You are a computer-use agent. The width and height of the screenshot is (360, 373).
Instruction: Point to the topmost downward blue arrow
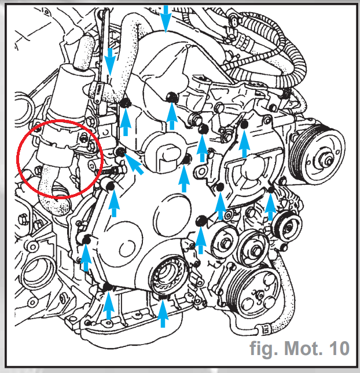click(x=166, y=19)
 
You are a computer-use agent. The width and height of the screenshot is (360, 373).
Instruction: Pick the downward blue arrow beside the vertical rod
click(x=110, y=62)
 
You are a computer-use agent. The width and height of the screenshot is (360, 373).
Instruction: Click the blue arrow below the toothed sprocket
click(x=163, y=313)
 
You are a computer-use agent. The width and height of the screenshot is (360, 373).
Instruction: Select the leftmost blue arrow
click(x=86, y=258)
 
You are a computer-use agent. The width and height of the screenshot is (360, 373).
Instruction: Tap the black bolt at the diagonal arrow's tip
click(x=120, y=152)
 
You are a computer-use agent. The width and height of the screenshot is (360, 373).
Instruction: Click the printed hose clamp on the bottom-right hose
click(x=265, y=330)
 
